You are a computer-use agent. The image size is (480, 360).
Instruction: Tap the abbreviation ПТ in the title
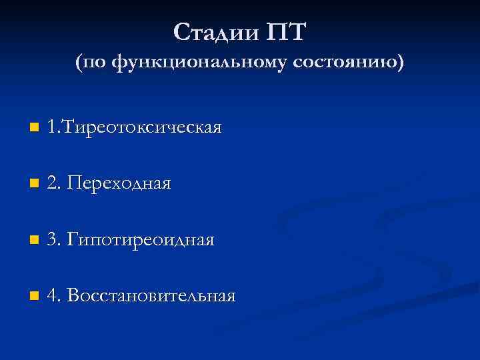click(286, 31)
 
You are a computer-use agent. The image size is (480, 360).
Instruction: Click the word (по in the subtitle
click(91, 63)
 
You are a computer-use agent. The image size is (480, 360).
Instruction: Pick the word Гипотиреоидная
click(141, 239)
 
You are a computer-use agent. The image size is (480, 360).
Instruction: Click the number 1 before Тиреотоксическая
click(52, 127)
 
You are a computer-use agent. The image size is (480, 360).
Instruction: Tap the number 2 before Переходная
click(52, 183)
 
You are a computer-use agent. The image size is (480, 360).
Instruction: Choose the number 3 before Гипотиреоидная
click(52, 239)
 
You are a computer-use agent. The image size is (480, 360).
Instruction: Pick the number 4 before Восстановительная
click(52, 295)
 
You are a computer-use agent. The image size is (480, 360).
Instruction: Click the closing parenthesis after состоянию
click(400, 63)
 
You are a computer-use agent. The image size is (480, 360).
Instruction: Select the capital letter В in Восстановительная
click(73, 295)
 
